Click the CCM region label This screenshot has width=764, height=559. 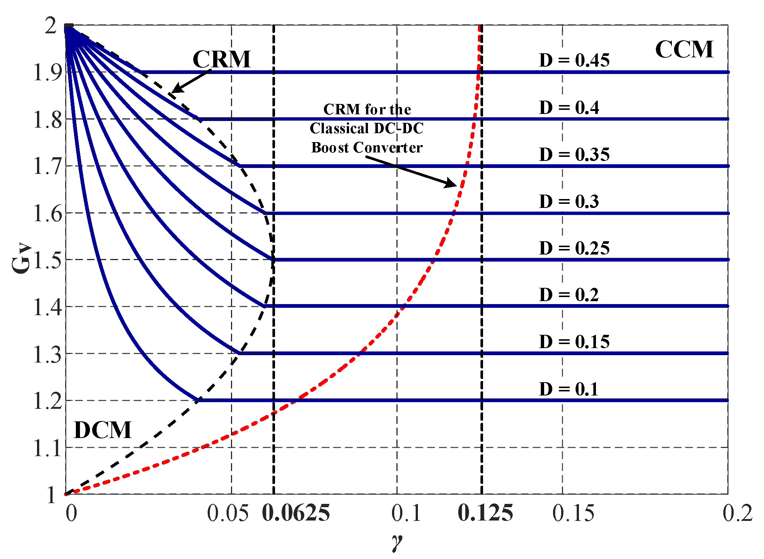(684, 50)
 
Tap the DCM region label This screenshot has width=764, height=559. (103, 430)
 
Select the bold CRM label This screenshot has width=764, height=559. (221, 59)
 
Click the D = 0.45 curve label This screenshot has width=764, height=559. (574, 60)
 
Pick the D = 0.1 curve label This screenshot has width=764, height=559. (569, 389)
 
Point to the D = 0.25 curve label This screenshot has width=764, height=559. (574, 248)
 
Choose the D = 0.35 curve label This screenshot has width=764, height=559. (574, 155)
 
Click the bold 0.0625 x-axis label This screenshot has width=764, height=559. (296, 513)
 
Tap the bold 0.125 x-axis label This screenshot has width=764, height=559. (485, 513)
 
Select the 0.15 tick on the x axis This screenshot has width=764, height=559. (573, 513)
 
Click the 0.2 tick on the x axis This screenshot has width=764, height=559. (737, 513)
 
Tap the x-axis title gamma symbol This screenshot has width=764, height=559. (396, 543)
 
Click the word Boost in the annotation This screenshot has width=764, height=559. (330, 148)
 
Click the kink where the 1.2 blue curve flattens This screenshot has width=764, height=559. (198, 400)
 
